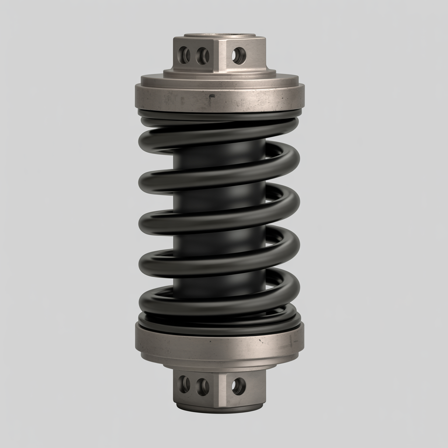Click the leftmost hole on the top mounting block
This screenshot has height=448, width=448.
(x=185, y=55)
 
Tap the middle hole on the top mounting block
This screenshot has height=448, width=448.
(x=203, y=56)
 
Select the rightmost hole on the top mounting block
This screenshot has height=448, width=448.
(x=239, y=56)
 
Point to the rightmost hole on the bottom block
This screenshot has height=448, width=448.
(x=239, y=386)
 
